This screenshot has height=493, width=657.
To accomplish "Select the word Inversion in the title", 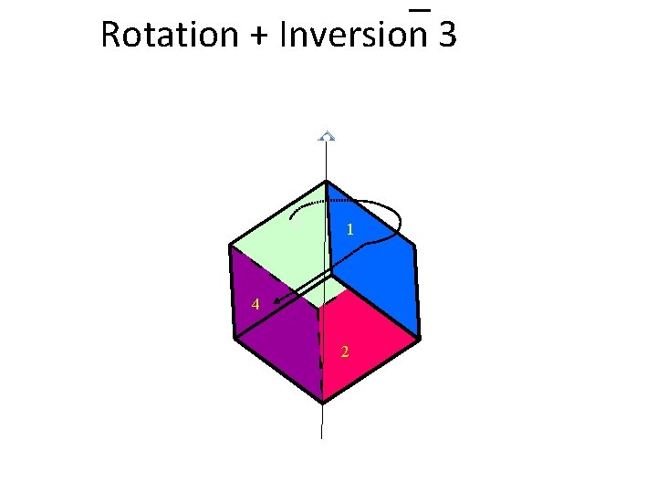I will (354, 35).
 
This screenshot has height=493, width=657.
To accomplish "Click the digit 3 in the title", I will (447, 35).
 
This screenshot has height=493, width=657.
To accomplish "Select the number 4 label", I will (256, 305).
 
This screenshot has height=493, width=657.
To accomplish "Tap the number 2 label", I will (344, 352).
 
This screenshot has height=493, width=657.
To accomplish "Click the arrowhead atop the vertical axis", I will (326, 136).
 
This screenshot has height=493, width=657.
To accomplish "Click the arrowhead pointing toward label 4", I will (279, 300).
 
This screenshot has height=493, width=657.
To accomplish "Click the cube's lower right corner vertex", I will (420, 339).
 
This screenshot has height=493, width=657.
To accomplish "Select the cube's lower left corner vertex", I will (235, 339).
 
